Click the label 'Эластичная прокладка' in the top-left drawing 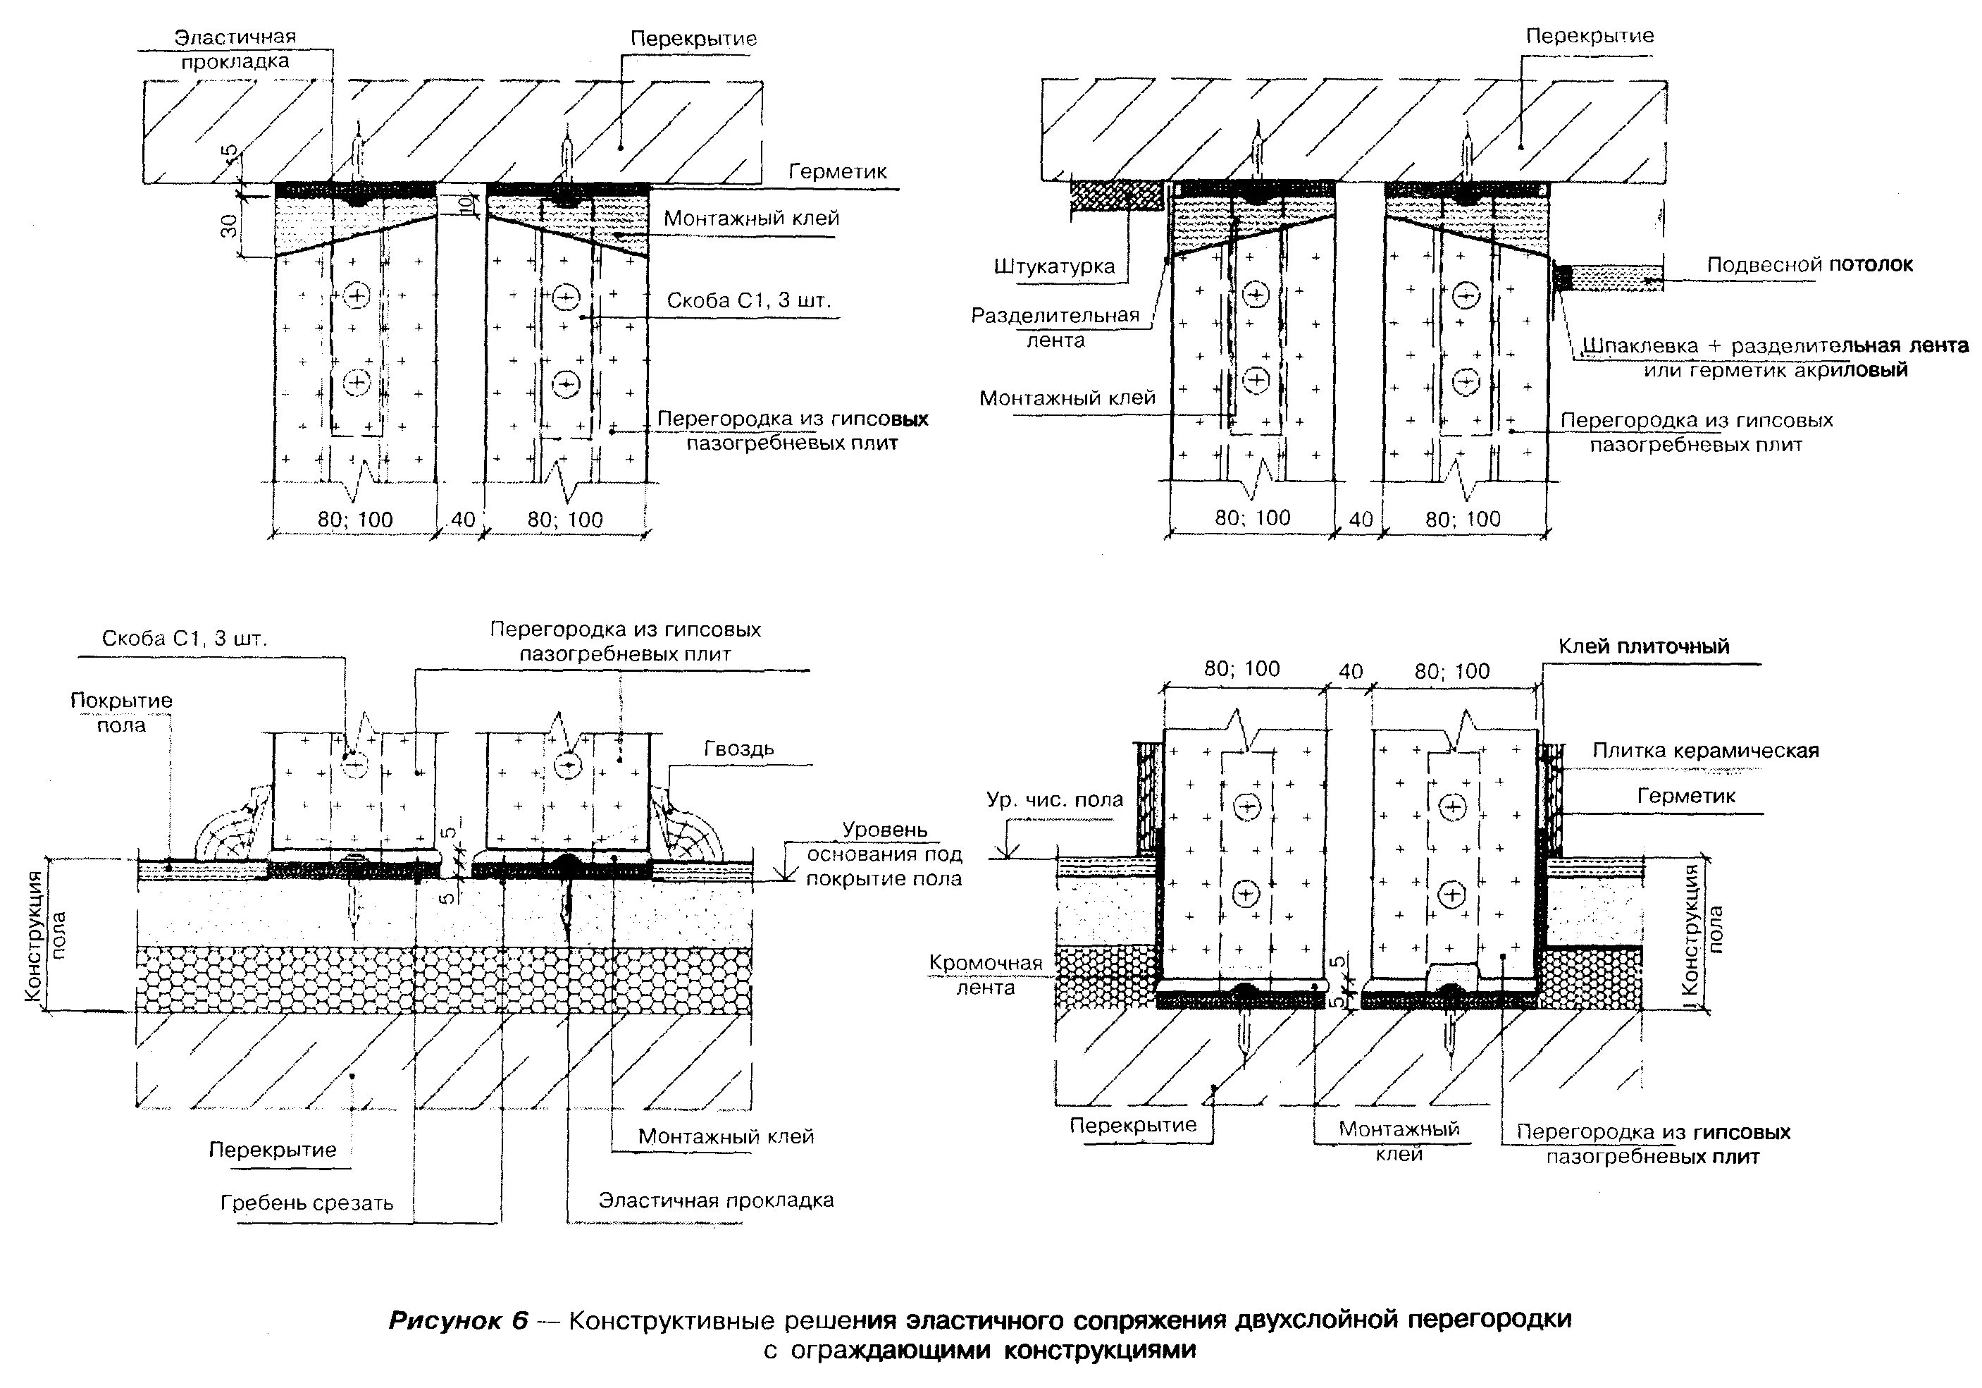(x=235, y=49)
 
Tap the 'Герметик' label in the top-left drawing (x=837, y=172)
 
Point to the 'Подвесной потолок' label (x=1809, y=264)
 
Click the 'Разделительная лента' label (x=1055, y=327)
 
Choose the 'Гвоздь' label (x=739, y=748)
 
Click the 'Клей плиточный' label (x=1644, y=646)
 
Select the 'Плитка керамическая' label (x=1706, y=751)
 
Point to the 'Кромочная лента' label (x=986, y=974)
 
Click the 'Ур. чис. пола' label (x=1054, y=800)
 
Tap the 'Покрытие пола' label (x=121, y=712)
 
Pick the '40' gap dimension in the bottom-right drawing (x=1350, y=671)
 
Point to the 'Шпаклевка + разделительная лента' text (x=1776, y=346)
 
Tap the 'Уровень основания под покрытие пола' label (x=884, y=854)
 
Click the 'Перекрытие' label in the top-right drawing (x=1590, y=36)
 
